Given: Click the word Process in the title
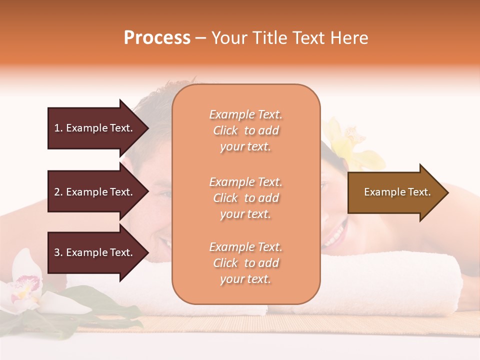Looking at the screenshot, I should coord(157,38).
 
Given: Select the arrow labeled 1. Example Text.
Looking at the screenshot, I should coord(95,128).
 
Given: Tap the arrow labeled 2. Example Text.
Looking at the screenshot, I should coord(95,192).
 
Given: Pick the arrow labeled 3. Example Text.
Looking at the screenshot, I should coord(95,252).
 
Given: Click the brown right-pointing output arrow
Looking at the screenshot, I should coord(395,192).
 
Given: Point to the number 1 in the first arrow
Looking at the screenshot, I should coord(57,128).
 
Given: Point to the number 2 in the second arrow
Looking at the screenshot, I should coord(57,192).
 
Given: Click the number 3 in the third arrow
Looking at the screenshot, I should coord(57,252).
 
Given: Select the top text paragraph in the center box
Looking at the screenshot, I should coord(245,130).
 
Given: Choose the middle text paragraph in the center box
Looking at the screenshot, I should coord(245,198).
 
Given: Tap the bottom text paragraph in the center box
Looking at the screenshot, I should coord(245,263).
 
